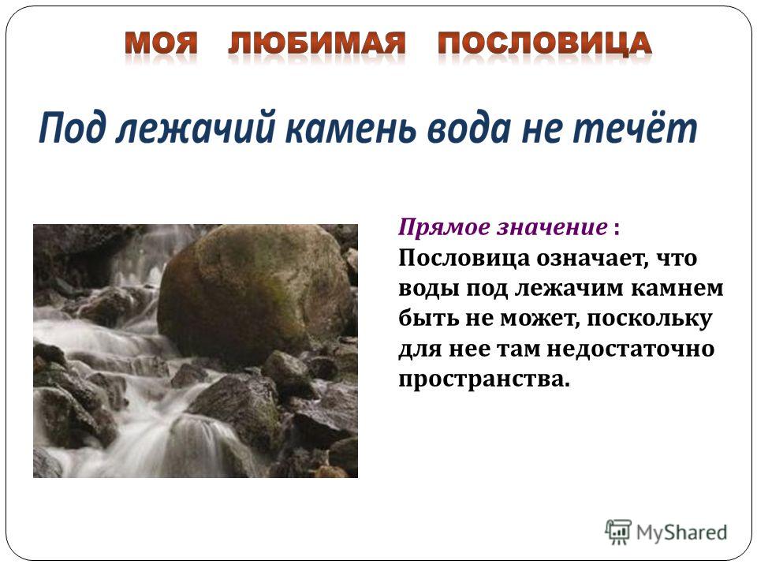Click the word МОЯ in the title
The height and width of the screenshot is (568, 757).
(161, 43)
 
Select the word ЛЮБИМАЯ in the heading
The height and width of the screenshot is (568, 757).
(317, 43)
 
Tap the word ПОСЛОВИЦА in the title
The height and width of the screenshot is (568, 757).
(545, 43)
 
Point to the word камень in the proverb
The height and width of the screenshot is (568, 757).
(350, 128)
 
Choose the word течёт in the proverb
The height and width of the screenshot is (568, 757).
(634, 128)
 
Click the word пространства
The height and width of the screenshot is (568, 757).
(484, 379)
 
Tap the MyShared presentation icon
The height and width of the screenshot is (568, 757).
(618, 532)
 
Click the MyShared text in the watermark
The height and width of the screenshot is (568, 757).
(681, 532)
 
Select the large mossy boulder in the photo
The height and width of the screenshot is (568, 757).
(255, 292)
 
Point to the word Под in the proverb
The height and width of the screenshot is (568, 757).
(73, 128)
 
